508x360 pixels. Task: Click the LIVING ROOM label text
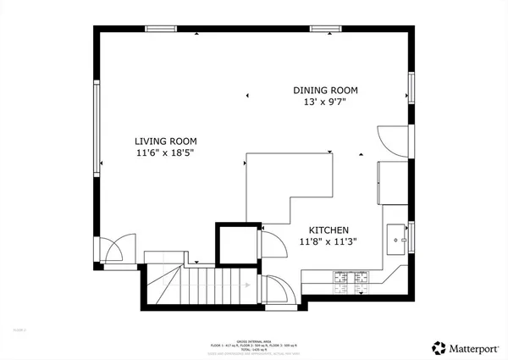(x=165, y=141)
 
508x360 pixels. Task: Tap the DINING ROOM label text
(x=326, y=90)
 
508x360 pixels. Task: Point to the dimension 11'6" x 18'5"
(x=165, y=154)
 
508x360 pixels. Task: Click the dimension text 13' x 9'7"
(x=326, y=102)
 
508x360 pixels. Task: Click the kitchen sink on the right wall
(x=396, y=238)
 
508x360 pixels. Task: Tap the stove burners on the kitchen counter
(x=352, y=277)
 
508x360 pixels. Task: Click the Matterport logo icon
(x=439, y=346)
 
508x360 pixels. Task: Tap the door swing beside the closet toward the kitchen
(x=273, y=246)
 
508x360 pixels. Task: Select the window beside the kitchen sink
(x=411, y=238)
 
